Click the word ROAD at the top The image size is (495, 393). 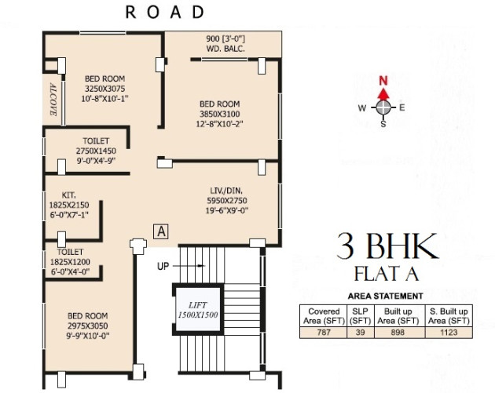164,13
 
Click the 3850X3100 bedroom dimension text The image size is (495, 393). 220,114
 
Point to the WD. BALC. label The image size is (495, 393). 226,49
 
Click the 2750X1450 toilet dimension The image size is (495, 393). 96,150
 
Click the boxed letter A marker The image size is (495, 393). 161,231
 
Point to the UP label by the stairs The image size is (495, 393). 163,267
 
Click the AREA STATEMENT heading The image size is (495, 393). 385,296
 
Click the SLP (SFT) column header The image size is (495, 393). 361,315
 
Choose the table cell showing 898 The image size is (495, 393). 397,333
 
